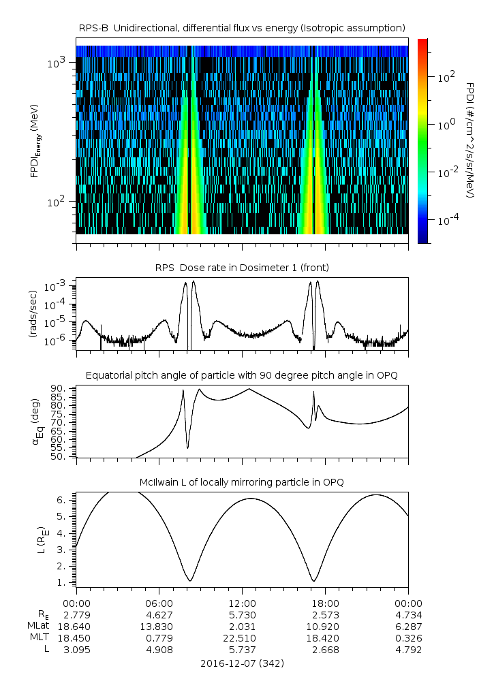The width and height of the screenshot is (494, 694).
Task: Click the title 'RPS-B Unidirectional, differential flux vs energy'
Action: pyautogui.click(x=243, y=27)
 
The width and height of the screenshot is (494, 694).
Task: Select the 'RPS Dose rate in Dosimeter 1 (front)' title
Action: pyautogui.click(x=243, y=267)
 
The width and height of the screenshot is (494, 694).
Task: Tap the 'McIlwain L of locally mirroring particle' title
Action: pyautogui.click(x=243, y=482)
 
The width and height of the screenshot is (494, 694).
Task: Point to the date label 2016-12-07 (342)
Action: pyautogui.click(x=243, y=663)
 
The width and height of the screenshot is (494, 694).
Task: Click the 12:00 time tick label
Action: pyautogui.click(x=242, y=603)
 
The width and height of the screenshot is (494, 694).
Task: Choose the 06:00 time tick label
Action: pyautogui.click(x=159, y=603)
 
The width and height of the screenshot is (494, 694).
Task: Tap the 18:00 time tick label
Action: pyautogui.click(x=325, y=603)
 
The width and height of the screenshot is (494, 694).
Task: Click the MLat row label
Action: pyautogui.click(x=40, y=626)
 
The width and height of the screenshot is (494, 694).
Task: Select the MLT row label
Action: pyautogui.click(x=42, y=638)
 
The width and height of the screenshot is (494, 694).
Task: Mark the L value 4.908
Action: pyautogui.click(x=159, y=650)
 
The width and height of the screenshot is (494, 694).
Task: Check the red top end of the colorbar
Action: pyautogui.click(x=422, y=42)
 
